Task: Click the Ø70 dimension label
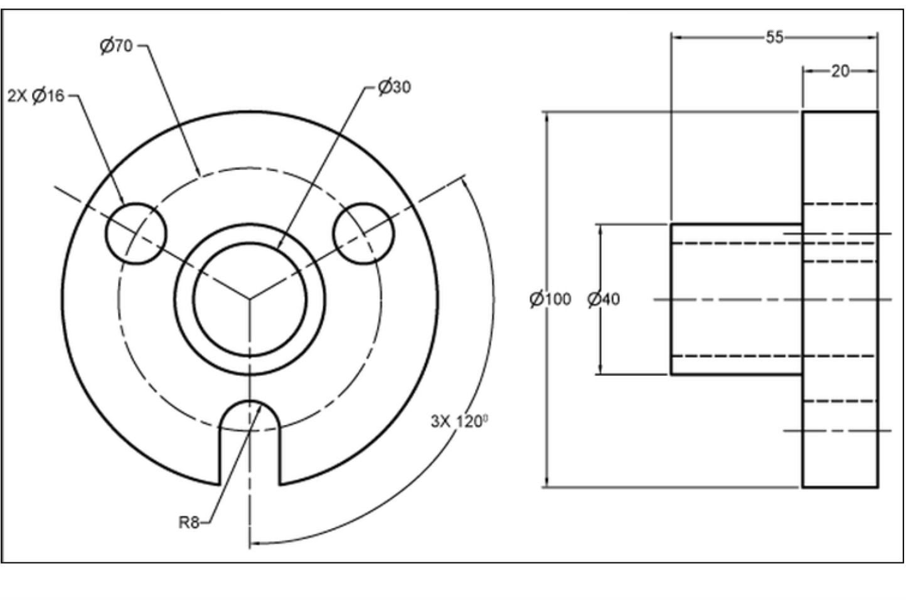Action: (x=116, y=46)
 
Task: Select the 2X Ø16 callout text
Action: (x=36, y=95)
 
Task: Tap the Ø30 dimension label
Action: (x=395, y=87)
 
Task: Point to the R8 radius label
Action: (x=188, y=522)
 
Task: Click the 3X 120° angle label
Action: (x=459, y=421)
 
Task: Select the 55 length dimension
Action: (x=774, y=37)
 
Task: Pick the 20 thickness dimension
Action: (x=839, y=71)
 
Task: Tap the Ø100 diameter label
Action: (x=550, y=299)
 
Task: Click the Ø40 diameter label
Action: (x=604, y=299)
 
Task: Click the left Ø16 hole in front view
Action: (x=136, y=233)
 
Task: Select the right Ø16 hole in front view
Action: (x=363, y=233)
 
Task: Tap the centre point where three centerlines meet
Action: (x=250, y=298)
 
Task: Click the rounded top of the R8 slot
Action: (x=250, y=402)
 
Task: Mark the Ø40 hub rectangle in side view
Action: (x=736, y=299)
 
